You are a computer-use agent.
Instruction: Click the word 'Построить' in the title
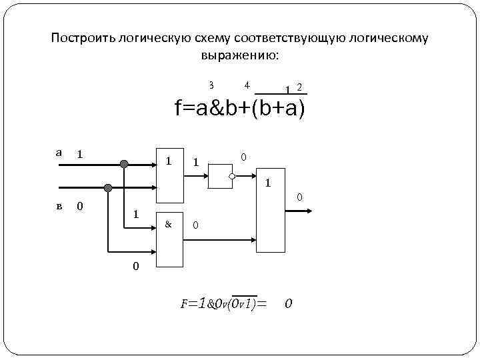(x=77, y=39)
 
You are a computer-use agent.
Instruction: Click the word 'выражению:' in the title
(x=240, y=55)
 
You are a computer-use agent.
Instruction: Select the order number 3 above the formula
(x=211, y=85)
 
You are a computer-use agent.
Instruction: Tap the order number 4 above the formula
(x=247, y=85)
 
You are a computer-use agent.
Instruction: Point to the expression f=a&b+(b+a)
(x=240, y=108)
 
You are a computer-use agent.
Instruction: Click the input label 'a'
(x=59, y=153)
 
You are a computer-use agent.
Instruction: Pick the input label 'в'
(x=59, y=205)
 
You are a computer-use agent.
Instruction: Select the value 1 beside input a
(x=79, y=154)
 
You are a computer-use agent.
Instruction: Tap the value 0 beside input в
(x=79, y=205)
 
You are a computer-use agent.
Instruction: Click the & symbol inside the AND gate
(x=168, y=225)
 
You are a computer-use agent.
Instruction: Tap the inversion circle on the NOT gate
(x=231, y=177)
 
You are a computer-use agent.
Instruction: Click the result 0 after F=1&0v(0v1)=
(x=288, y=304)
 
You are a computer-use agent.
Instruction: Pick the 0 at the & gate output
(x=195, y=225)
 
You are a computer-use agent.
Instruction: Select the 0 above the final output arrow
(x=299, y=197)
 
